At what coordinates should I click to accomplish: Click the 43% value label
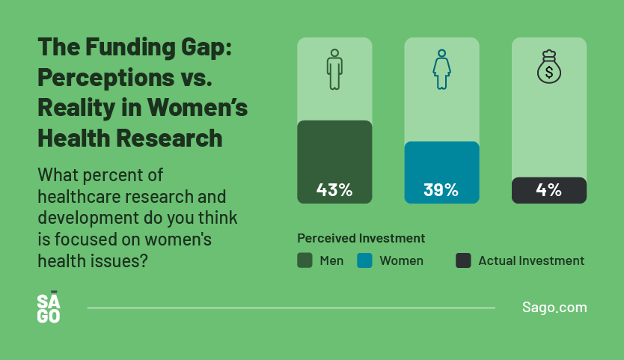[334, 190]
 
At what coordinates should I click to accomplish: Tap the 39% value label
[441, 190]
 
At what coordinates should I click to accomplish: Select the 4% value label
[548, 190]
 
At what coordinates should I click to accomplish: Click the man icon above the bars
[334, 70]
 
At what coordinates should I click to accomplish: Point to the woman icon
[441, 70]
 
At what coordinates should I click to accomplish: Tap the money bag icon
[548, 67]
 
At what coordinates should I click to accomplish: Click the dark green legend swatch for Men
[305, 260]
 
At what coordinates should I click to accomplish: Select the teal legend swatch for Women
[364, 260]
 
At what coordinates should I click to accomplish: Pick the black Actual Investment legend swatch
[463, 260]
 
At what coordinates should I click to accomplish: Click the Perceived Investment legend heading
[361, 238]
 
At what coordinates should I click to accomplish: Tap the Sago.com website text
[554, 308]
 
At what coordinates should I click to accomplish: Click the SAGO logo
[49, 307]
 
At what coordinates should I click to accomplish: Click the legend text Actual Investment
[531, 260]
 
